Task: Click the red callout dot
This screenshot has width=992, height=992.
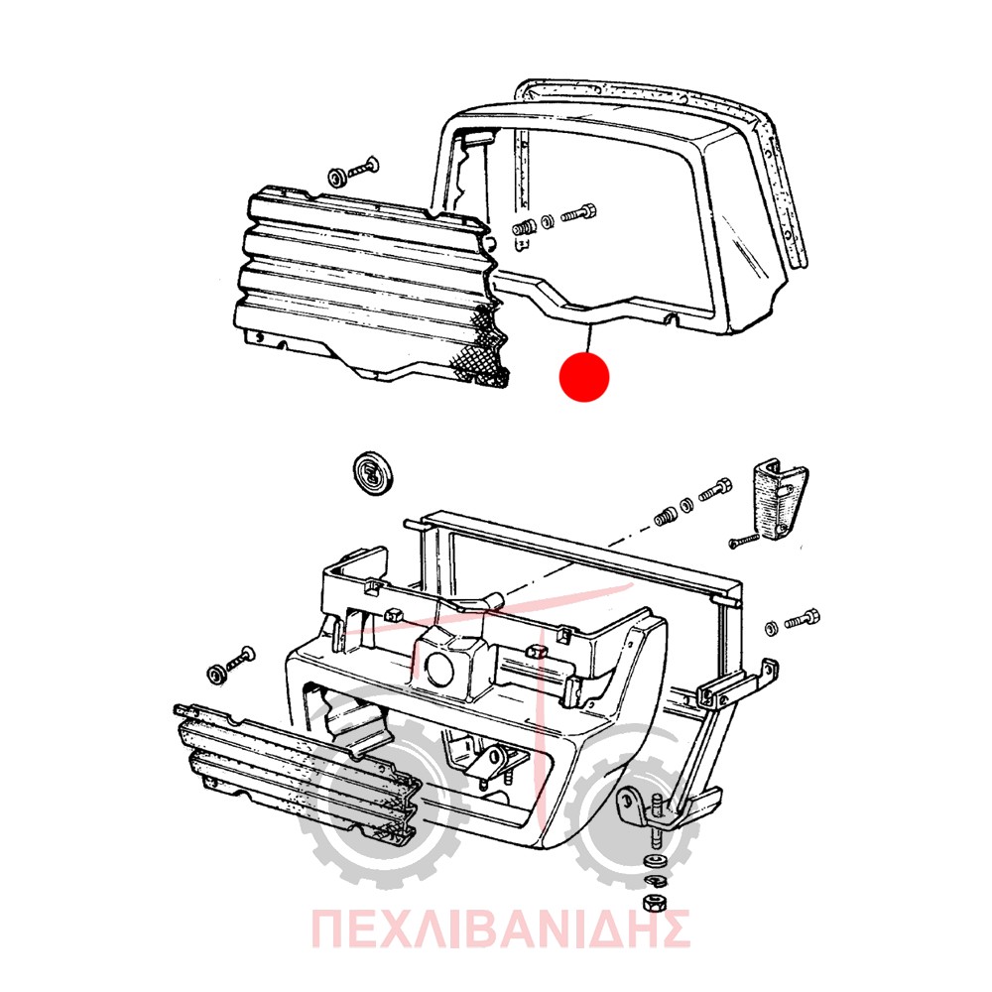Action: click(x=584, y=376)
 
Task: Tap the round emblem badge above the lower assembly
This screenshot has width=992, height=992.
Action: click(x=373, y=473)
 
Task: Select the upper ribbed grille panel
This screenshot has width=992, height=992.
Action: click(x=373, y=286)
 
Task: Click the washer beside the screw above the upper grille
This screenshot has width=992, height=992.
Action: click(x=337, y=178)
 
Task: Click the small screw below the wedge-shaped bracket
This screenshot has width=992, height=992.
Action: click(x=743, y=541)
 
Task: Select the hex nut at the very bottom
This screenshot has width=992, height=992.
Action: click(x=653, y=904)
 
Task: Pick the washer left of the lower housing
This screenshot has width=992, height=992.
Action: click(x=216, y=675)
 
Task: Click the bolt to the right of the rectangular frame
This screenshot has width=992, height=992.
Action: click(x=803, y=619)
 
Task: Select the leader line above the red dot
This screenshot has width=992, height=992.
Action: click(x=589, y=336)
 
